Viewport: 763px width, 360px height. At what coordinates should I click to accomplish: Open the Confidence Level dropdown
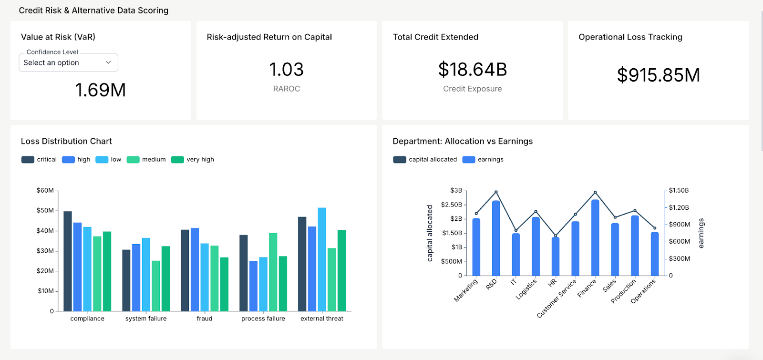click(68, 62)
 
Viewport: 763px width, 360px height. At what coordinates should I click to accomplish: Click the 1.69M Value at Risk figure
click(101, 90)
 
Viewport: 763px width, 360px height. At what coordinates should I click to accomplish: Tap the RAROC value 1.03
click(286, 70)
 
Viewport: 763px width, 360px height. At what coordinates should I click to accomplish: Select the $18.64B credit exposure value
click(472, 70)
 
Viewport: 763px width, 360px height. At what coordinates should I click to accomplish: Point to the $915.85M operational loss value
click(658, 75)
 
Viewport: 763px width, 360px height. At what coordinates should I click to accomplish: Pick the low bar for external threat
click(322, 259)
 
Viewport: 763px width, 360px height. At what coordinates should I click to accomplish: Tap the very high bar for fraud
click(224, 284)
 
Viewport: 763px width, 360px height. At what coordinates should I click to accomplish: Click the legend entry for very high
click(193, 159)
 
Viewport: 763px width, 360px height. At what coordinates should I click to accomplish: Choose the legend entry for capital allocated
click(425, 159)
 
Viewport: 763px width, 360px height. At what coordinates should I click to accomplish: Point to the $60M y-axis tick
click(45, 190)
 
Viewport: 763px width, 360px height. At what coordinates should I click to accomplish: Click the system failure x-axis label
click(146, 319)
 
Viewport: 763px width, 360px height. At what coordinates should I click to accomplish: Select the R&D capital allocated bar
click(496, 238)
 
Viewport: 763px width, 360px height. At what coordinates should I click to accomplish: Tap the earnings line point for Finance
click(595, 193)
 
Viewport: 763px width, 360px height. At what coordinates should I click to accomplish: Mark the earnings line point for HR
click(556, 236)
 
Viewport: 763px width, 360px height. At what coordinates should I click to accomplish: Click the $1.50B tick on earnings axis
click(678, 190)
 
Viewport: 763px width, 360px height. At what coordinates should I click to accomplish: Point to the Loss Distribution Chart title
click(66, 141)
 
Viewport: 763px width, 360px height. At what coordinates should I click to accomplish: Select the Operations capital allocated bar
click(655, 254)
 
